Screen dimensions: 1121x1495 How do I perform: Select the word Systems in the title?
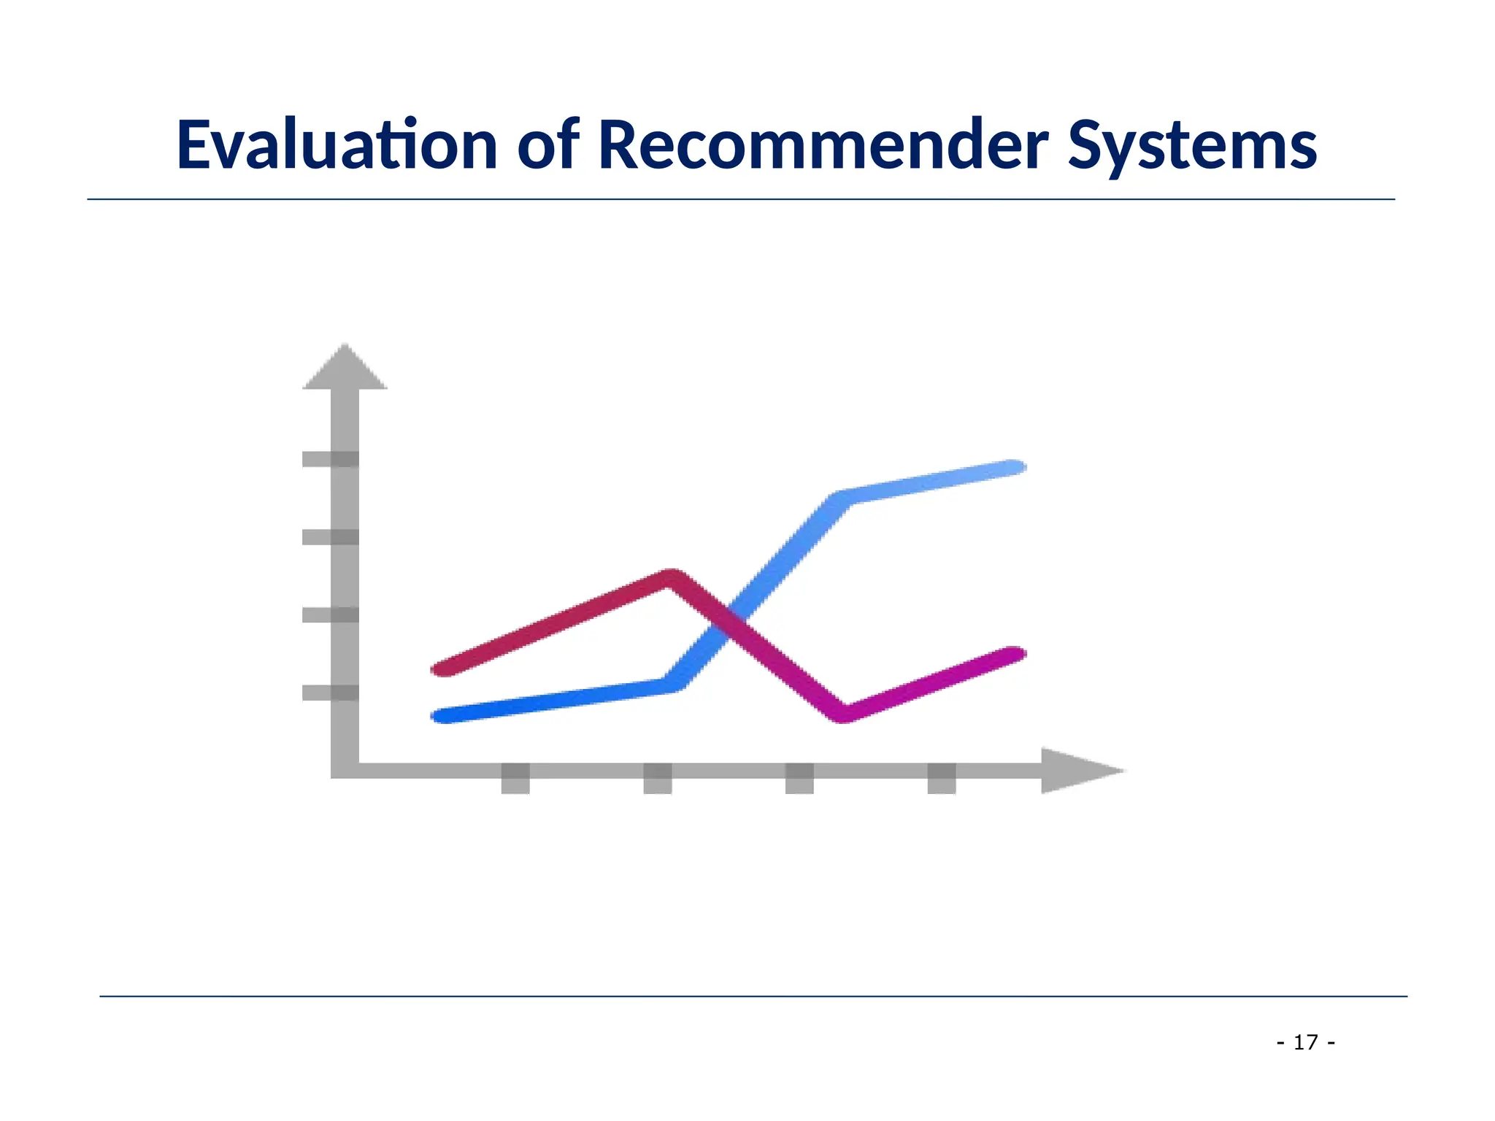[x=1192, y=146]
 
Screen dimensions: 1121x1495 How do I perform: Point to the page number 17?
[x=1306, y=1042]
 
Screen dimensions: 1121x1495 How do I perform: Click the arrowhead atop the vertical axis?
[x=345, y=369]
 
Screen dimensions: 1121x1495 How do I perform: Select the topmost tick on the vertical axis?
[x=330, y=459]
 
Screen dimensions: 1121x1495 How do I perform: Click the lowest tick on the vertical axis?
[x=330, y=693]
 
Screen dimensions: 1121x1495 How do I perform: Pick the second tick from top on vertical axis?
[x=330, y=537]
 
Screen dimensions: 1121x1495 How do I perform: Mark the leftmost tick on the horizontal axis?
[x=515, y=778]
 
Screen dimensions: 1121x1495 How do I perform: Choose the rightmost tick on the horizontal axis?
[x=942, y=778]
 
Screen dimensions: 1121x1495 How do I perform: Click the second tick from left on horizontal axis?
[x=658, y=778]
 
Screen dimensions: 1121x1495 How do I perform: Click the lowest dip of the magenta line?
[x=844, y=713]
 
